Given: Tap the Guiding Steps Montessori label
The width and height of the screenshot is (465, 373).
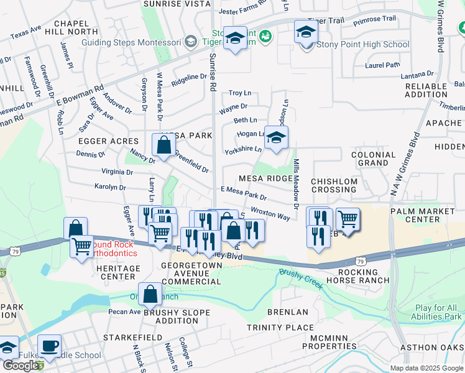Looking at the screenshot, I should click(x=131, y=42).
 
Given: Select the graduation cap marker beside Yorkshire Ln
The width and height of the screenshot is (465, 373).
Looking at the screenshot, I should click(x=276, y=138).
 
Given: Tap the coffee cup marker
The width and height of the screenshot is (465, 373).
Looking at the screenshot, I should click(x=49, y=346).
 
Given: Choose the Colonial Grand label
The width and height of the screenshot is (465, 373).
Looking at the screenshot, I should click(x=374, y=159).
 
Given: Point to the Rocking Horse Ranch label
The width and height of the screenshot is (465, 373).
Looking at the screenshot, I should click(x=358, y=277).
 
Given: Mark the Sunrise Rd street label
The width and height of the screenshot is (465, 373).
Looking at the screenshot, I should click(x=213, y=71).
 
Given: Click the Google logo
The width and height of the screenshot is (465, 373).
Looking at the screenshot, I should click(x=21, y=366).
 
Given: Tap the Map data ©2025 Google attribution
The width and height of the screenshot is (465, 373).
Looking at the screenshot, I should click(x=426, y=368).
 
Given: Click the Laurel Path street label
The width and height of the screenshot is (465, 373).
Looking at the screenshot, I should click(x=383, y=64).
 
